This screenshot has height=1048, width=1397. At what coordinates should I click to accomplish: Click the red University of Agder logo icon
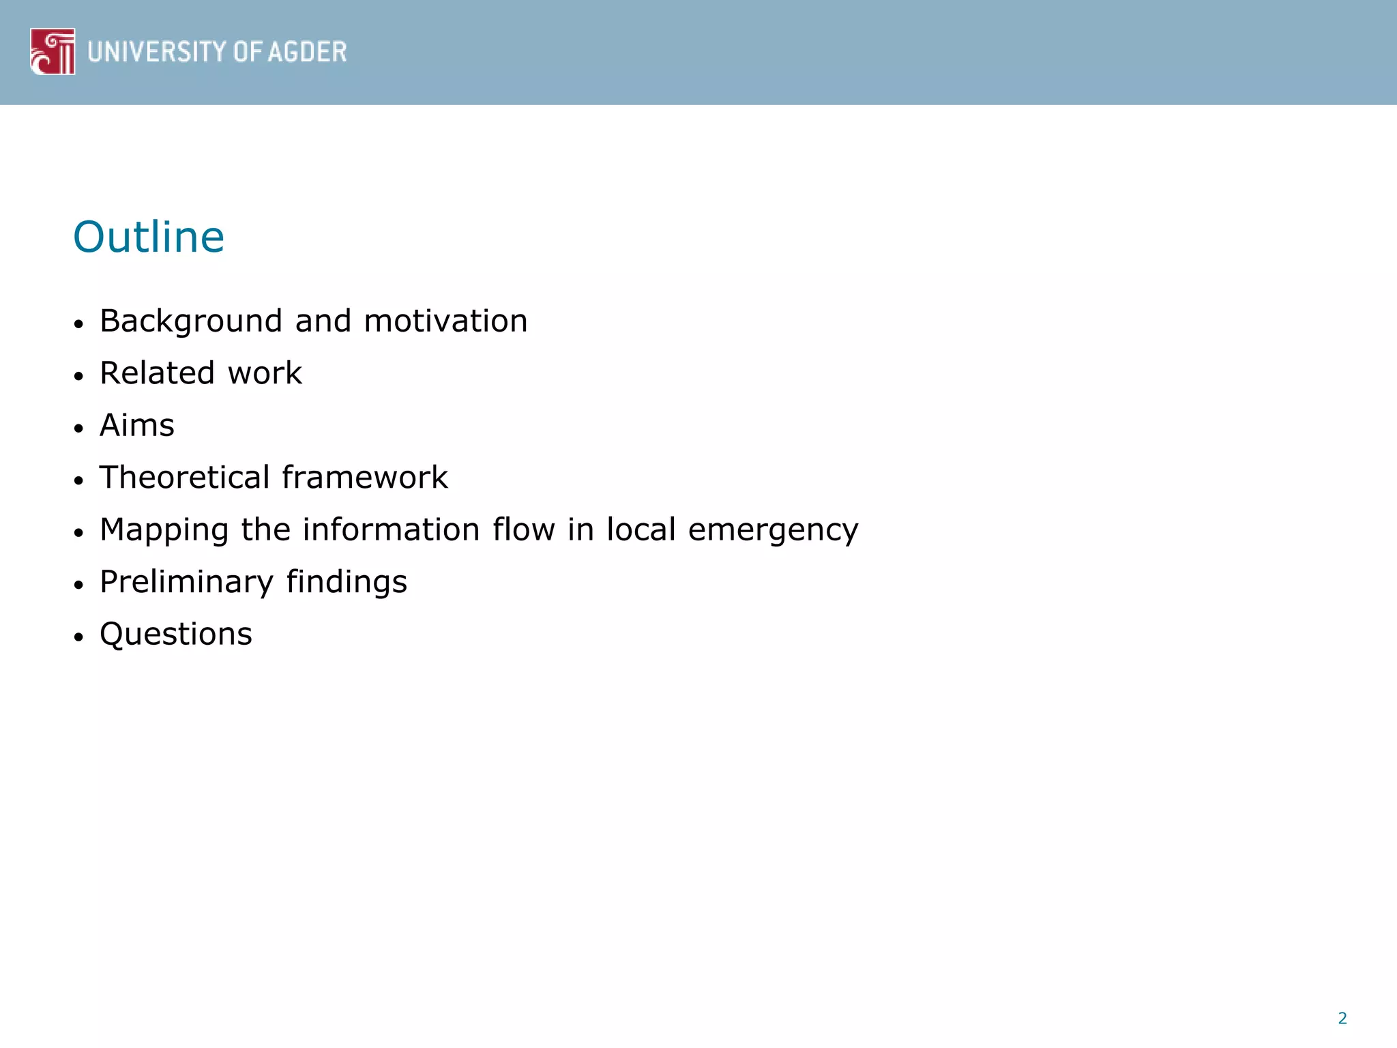(x=53, y=51)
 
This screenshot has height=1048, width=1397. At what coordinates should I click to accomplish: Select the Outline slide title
(x=149, y=237)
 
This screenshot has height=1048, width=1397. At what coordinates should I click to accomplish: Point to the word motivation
(x=445, y=321)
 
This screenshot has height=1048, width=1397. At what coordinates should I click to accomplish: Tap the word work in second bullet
(x=265, y=373)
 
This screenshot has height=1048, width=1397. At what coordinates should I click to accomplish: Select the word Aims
(x=137, y=425)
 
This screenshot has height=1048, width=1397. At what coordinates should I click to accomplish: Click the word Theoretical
(x=185, y=477)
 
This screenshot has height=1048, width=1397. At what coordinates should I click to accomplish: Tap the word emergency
(x=773, y=530)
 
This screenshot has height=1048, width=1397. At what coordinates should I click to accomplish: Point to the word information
(x=392, y=529)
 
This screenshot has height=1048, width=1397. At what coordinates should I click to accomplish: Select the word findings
(x=347, y=582)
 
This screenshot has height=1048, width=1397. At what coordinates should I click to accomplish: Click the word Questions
(x=176, y=635)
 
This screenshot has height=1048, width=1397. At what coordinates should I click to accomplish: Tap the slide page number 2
(x=1342, y=1018)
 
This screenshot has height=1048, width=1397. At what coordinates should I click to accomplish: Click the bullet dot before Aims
(x=79, y=428)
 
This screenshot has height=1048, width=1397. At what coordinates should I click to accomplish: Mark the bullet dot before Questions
(x=79, y=637)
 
